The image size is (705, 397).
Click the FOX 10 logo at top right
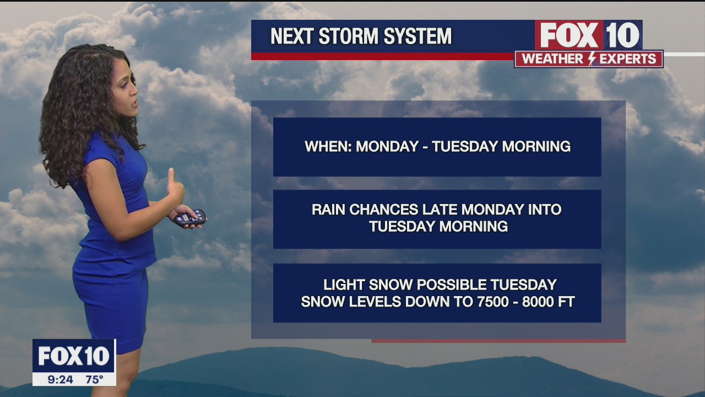click(588, 36)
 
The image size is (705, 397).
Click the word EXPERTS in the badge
click(627, 59)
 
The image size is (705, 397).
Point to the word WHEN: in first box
click(328, 147)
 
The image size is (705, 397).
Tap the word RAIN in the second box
click(328, 210)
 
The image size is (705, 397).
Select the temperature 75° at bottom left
click(94, 379)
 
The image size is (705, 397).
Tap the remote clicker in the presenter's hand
click(190, 217)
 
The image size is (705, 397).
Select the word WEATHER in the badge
click(552, 59)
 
